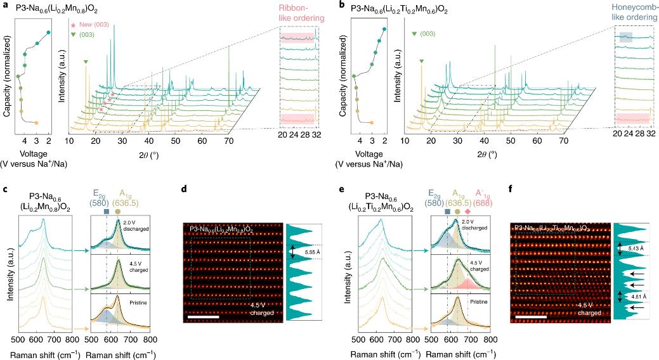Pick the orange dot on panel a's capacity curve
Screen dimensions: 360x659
pyautogui.click(x=36, y=122)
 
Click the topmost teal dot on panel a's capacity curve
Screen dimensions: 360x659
pyautogui.click(x=48, y=32)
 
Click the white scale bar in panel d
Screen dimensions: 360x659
pyautogui.click(x=203, y=315)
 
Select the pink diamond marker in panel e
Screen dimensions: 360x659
pyautogui.click(x=468, y=211)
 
